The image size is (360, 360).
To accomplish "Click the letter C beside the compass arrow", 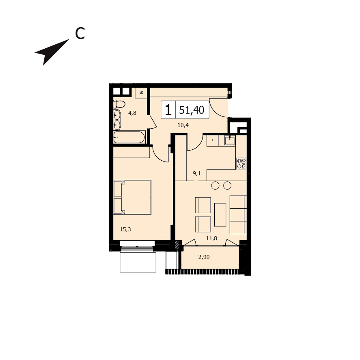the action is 80,34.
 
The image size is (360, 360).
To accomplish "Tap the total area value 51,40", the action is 192,110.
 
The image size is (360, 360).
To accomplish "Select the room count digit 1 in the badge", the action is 168,110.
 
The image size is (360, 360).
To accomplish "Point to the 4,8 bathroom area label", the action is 132,113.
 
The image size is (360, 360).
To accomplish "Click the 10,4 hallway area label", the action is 183,125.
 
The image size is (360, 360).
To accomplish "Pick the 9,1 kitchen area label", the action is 197,173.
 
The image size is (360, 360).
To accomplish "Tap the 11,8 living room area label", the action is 211,238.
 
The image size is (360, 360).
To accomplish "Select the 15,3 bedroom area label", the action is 125,229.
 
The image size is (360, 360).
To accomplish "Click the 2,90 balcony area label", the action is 204,257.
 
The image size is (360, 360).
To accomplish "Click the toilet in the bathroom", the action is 119,104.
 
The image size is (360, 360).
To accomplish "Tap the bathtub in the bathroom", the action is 129,137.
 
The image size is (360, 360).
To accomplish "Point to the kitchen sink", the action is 230,140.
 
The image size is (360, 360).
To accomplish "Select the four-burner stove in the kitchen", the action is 241,164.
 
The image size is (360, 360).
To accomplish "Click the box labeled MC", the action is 141,93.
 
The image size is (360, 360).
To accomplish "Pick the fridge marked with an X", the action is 213,140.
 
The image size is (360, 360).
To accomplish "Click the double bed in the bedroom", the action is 132,197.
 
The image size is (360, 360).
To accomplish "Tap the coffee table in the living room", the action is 220,215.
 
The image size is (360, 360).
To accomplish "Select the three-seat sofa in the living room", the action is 238,215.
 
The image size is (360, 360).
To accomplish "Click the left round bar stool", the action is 215,185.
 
